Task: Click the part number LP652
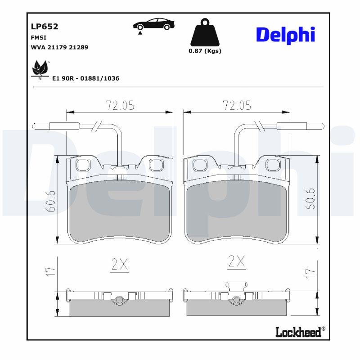click(44, 26)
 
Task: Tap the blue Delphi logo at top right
click(285, 35)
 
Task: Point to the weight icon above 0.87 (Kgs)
click(205, 32)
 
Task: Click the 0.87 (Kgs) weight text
click(205, 51)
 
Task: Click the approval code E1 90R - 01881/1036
click(85, 78)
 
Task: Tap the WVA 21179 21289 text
click(59, 47)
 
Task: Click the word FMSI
click(38, 38)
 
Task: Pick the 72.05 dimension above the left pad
click(120, 105)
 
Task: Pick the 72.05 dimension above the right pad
click(237, 105)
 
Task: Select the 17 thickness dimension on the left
click(50, 271)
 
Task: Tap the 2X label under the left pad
click(120, 265)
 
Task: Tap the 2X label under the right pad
click(237, 261)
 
